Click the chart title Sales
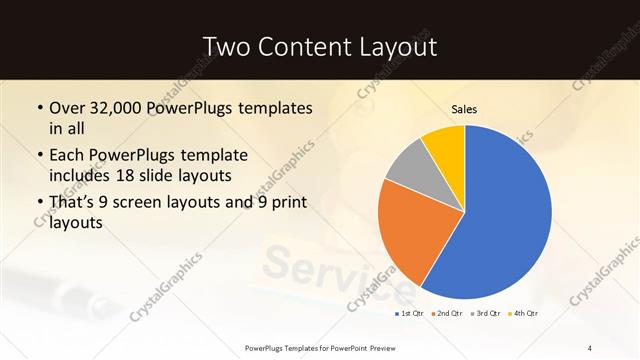click(464, 108)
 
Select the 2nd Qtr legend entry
click(450, 314)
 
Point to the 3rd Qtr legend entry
click(487, 314)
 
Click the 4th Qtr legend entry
click(525, 314)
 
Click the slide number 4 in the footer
click(590, 347)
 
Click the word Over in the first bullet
click(69, 107)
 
